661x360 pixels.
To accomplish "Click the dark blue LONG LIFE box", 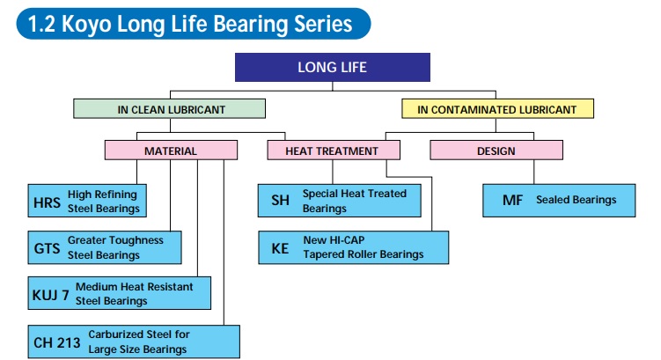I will pos(333,67).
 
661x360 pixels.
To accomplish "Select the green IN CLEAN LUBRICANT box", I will pos(171,109).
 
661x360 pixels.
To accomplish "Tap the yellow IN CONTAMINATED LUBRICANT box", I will pos(497,109).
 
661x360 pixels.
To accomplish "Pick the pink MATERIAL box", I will pos(171,151).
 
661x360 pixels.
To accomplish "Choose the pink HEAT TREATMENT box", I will pos(333,151).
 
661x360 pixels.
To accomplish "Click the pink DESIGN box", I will pos(496,151).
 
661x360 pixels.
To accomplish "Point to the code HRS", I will pos(48,202).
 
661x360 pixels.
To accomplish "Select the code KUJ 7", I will pos(51,294).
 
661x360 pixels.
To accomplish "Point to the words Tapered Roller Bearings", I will pos(364,254).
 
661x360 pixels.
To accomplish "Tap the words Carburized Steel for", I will pos(139,334).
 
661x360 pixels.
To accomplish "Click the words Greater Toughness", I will pos(114,240).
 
